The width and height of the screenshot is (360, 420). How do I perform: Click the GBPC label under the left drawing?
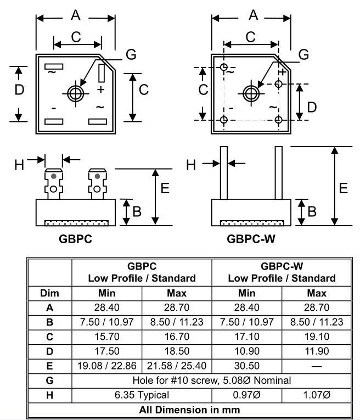point(75,239)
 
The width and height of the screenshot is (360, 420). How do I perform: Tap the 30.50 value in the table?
point(246,365)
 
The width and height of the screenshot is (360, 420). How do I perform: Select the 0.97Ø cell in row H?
point(246,395)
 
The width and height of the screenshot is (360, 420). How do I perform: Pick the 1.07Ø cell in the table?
point(317,395)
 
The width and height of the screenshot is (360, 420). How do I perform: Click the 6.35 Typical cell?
point(142,395)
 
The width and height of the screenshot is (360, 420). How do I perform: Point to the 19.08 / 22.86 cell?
point(106,365)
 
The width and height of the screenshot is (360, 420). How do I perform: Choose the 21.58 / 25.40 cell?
point(176,365)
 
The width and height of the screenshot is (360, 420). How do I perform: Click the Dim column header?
point(49,293)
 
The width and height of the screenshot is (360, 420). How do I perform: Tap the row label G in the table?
point(49,380)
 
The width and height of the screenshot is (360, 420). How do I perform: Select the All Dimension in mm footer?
point(189,410)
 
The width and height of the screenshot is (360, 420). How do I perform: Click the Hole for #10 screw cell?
point(211,380)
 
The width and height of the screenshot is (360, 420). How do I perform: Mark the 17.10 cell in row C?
point(246,335)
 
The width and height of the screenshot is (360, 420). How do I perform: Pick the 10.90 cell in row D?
point(246,350)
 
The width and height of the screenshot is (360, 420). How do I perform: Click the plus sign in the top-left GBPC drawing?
point(101,89)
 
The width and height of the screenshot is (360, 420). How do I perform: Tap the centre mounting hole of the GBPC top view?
point(75,93)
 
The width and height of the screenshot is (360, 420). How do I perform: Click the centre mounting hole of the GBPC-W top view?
point(251,93)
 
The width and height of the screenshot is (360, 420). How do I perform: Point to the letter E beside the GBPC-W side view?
point(344,188)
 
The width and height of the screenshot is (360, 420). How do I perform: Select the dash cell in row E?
point(317,365)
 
